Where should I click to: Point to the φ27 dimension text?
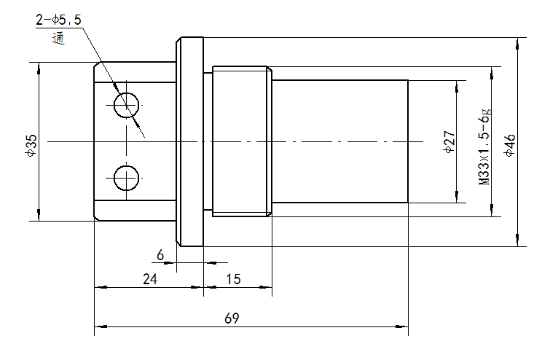[x=449, y=141]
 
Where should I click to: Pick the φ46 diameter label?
[x=510, y=145]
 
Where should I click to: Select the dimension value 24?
[x=149, y=278]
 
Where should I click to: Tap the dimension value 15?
[x=234, y=278]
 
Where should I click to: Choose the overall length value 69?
[x=232, y=318]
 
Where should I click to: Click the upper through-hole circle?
[x=127, y=104]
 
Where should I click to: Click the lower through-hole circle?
[x=127, y=176]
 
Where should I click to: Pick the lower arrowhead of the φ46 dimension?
[x=518, y=242]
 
